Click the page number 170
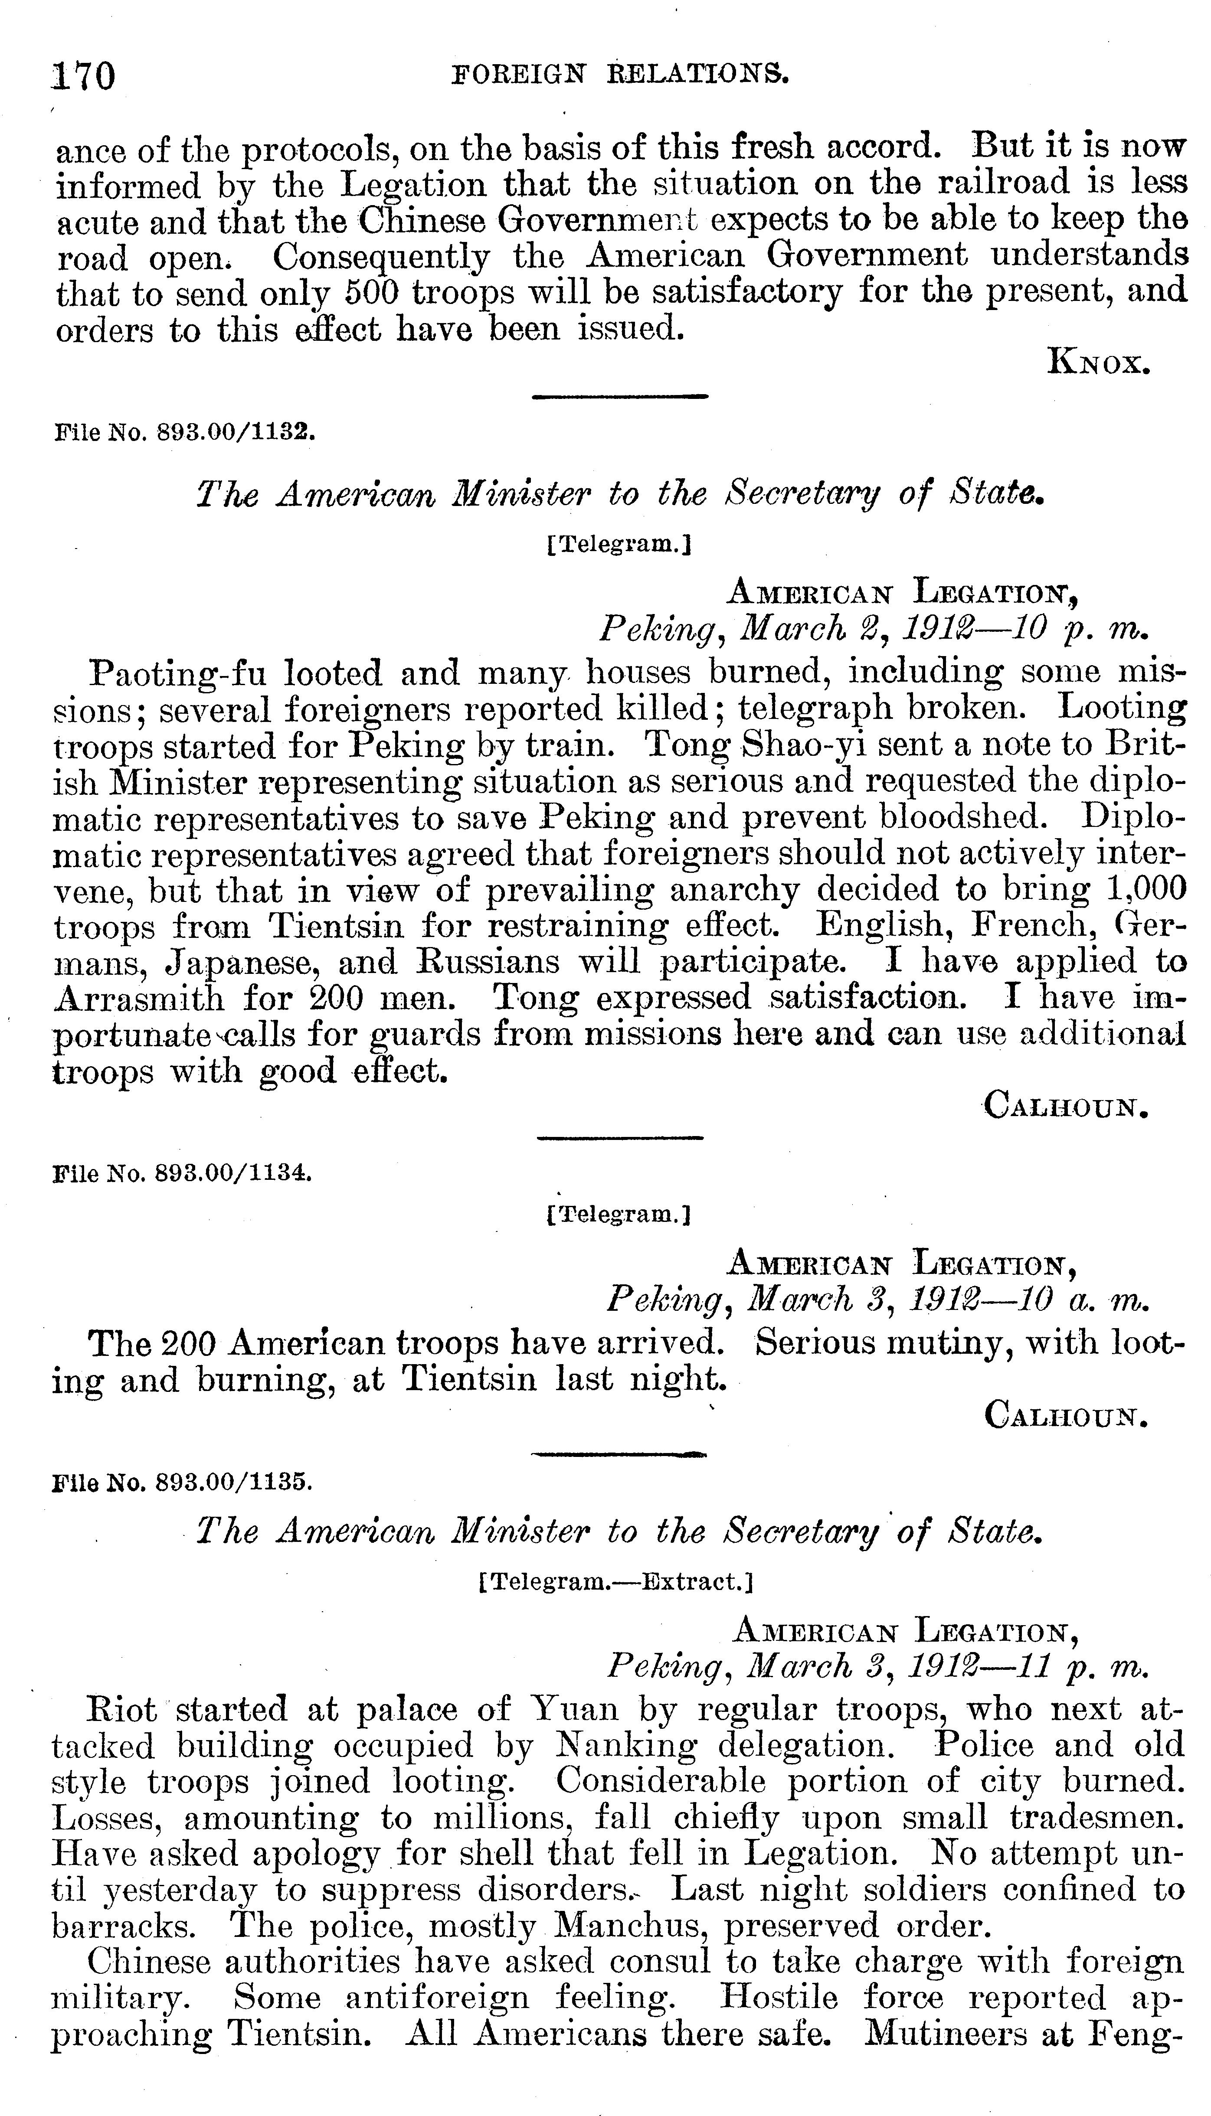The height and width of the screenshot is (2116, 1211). pos(83,76)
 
